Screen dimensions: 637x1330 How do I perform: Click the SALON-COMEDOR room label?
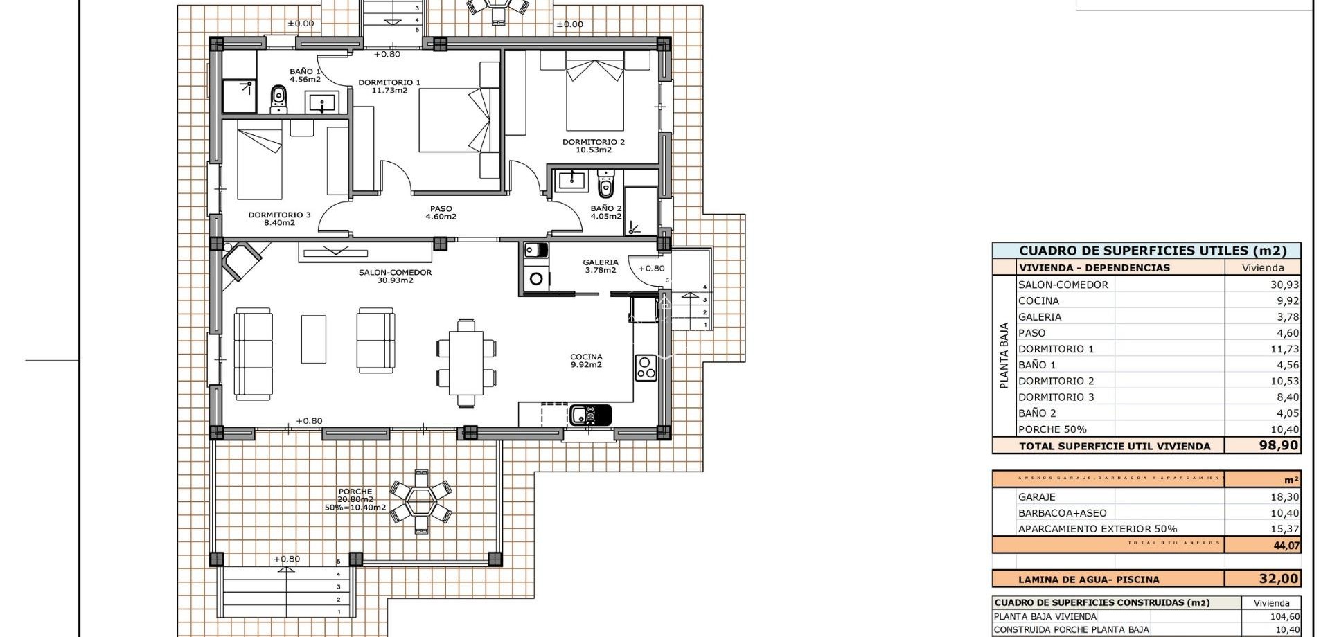click(395, 273)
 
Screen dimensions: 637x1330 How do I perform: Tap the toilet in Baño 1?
click(278, 99)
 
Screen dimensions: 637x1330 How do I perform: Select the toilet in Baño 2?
click(606, 186)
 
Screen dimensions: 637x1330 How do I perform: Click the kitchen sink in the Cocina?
click(590, 415)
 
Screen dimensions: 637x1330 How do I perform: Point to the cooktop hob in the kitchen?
click(646, 368)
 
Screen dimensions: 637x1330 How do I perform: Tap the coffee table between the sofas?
click(314, 339)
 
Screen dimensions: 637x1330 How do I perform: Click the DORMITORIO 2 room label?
click(593, 142)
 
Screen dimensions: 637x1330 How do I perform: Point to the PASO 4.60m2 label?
click(441, 213)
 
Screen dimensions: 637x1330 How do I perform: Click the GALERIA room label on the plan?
click(600, 262)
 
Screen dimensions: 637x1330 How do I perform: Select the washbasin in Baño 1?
click(322, 104)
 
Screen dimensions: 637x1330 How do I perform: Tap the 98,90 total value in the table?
click(1278, 445)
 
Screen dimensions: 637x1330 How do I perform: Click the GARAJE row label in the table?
click(1036, 496)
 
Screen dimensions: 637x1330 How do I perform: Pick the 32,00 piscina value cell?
click(1279, 579)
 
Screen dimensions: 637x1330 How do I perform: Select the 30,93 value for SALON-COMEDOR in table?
click(1284, 285)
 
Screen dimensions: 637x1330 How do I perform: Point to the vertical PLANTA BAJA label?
click(1004, 355)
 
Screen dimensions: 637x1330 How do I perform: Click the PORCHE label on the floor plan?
click(355, 492)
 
